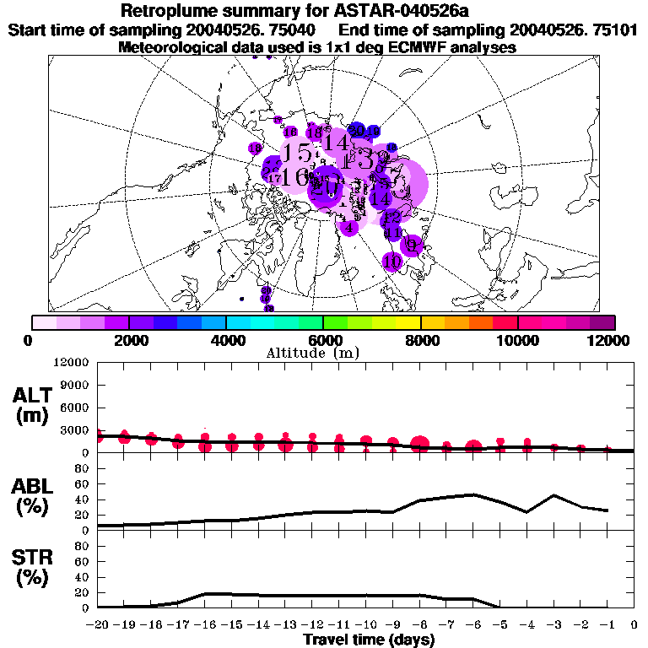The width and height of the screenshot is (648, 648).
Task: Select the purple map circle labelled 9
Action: coord(411,245)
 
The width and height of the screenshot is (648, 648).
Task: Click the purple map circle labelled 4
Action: coord(348,227)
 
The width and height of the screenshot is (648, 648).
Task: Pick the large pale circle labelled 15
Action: coord(296,153)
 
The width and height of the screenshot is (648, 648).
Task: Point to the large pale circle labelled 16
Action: coord(295,177)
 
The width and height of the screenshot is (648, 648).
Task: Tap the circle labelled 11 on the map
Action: coord(392,233)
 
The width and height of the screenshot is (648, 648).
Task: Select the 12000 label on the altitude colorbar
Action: coord(607,339)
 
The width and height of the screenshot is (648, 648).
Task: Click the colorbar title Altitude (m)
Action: coord(322,352)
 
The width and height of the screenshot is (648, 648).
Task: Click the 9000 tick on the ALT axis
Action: coord(77,385)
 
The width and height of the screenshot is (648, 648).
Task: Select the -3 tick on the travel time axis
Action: coord(553,625)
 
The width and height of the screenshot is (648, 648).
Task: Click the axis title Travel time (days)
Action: coord(369,640)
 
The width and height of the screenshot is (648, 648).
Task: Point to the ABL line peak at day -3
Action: coord(553,495)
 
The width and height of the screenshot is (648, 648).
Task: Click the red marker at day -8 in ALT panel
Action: coord(420,444)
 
